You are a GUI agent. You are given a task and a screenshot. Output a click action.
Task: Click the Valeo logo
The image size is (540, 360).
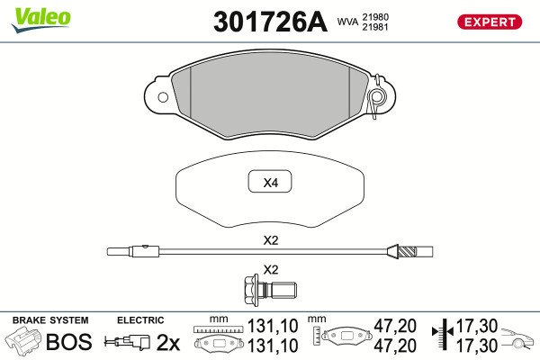tap(40, 19)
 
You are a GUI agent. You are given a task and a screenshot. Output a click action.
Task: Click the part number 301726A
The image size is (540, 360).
tap(270, 22)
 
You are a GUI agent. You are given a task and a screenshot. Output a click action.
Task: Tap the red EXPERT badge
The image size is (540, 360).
tap(490, 22)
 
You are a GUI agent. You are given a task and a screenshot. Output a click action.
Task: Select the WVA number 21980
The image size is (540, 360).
tap(375, 17)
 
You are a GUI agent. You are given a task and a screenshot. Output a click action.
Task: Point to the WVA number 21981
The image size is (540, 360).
tap(375, 27)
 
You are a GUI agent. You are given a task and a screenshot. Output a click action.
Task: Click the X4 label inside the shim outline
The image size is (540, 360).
tap(270, 183)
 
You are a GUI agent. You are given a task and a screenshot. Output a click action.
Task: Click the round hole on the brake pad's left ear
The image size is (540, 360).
tap(163, 97)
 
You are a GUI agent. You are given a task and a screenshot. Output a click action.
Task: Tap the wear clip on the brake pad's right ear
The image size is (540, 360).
tap(376, 96)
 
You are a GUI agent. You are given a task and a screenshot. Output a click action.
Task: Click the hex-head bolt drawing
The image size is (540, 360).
tap(270, 290)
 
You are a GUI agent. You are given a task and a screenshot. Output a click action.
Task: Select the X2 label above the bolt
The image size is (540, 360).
tap(270, 269)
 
